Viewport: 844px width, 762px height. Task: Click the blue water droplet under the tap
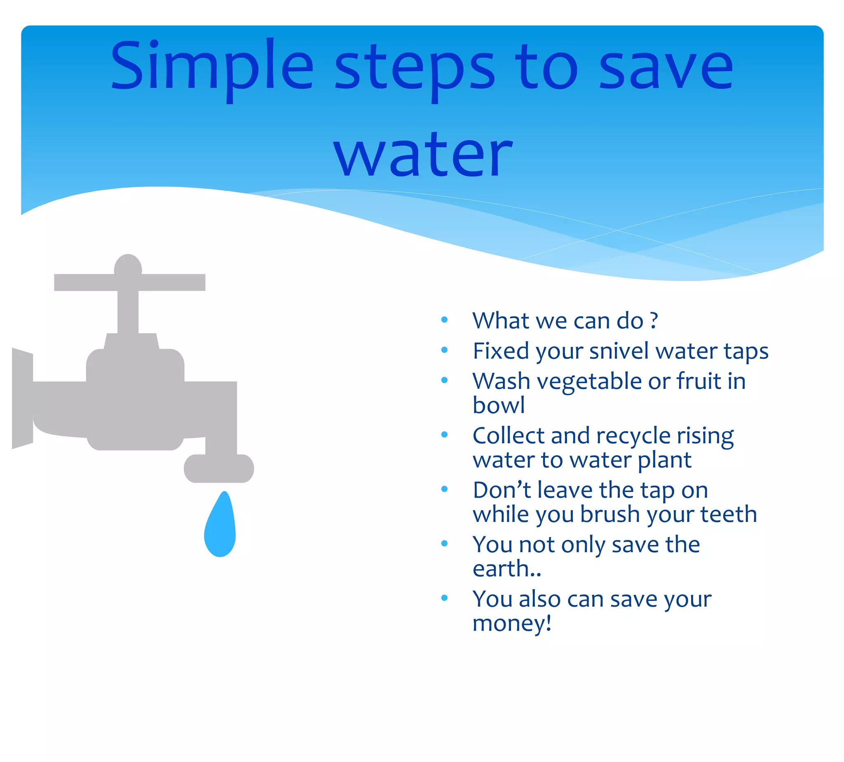220,526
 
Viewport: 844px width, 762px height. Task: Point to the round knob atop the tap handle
128,266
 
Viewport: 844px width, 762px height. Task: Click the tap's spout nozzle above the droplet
219,468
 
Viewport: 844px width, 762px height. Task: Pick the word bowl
498,405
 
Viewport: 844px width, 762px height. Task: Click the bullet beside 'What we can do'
445,320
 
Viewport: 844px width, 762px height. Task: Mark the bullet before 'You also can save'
445,598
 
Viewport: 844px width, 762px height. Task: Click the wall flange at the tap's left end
22,398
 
